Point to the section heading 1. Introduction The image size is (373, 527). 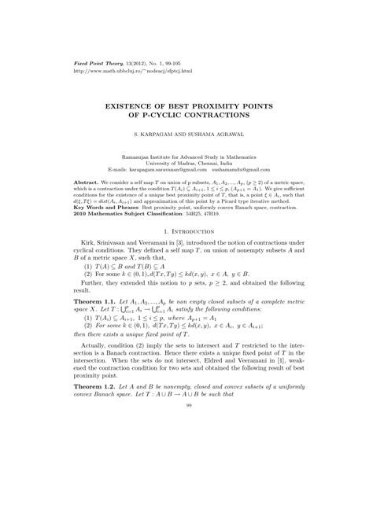tap(186, 256)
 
